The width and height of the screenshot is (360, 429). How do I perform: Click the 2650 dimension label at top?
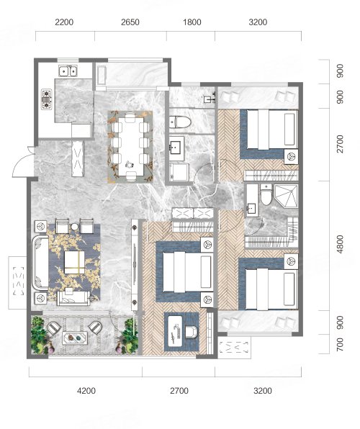click(130, 22)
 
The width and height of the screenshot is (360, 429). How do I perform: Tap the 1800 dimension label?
click(192, 22)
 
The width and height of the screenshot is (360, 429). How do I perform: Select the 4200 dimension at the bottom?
click(86, 390)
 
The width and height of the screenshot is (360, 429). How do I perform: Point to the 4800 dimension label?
click(340, 244)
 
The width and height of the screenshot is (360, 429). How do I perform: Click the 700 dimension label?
click(340, 345)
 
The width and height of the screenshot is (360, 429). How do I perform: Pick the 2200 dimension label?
click(64, 22)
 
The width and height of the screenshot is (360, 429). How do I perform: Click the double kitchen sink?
click(68, 71)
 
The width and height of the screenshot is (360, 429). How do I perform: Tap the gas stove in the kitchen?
click(47, 99)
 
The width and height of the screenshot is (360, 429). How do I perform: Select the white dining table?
click(131, 147)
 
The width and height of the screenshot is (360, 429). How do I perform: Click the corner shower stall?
click(287, 197)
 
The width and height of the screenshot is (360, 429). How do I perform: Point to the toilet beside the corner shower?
click(266, 194)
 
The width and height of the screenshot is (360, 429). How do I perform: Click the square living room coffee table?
click(74, 263)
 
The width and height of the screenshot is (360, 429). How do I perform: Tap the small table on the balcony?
click(75, 338)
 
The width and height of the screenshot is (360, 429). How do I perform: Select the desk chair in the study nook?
click(192, 331)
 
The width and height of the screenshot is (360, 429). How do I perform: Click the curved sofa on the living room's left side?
click(40, 263)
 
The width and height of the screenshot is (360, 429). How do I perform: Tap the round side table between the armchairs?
click(74, 227)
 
